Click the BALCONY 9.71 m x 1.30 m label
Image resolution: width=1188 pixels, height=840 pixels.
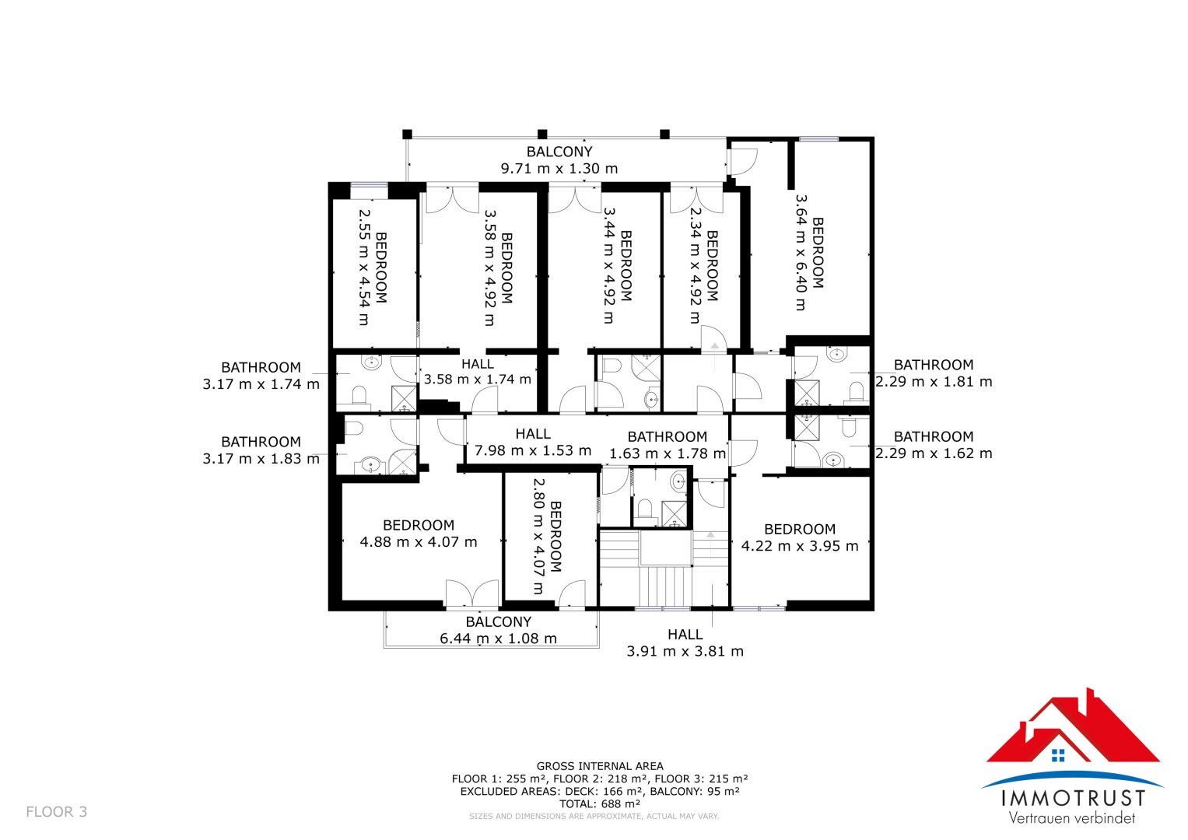pos(559,160)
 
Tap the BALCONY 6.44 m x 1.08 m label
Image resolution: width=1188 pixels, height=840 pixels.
pos(498,630)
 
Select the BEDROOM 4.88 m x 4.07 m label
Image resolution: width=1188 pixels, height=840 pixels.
pos(419,534)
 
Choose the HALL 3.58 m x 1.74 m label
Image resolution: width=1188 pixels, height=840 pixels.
pos(478,371)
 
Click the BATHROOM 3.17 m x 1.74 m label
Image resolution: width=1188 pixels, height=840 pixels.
pos(261,376)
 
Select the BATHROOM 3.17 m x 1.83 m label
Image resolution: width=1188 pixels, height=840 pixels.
pos(261,450)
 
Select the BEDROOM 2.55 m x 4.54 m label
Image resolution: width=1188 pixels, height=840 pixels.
pos(373,268)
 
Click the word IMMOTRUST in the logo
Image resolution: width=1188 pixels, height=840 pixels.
pos(1074,798)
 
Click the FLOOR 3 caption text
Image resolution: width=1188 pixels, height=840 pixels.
pos(57,812)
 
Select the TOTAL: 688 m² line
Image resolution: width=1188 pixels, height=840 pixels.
pos(600,804)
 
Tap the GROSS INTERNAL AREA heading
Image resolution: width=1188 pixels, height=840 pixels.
pos(600,766)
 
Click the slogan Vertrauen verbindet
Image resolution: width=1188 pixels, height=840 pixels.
pos(1072,817)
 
